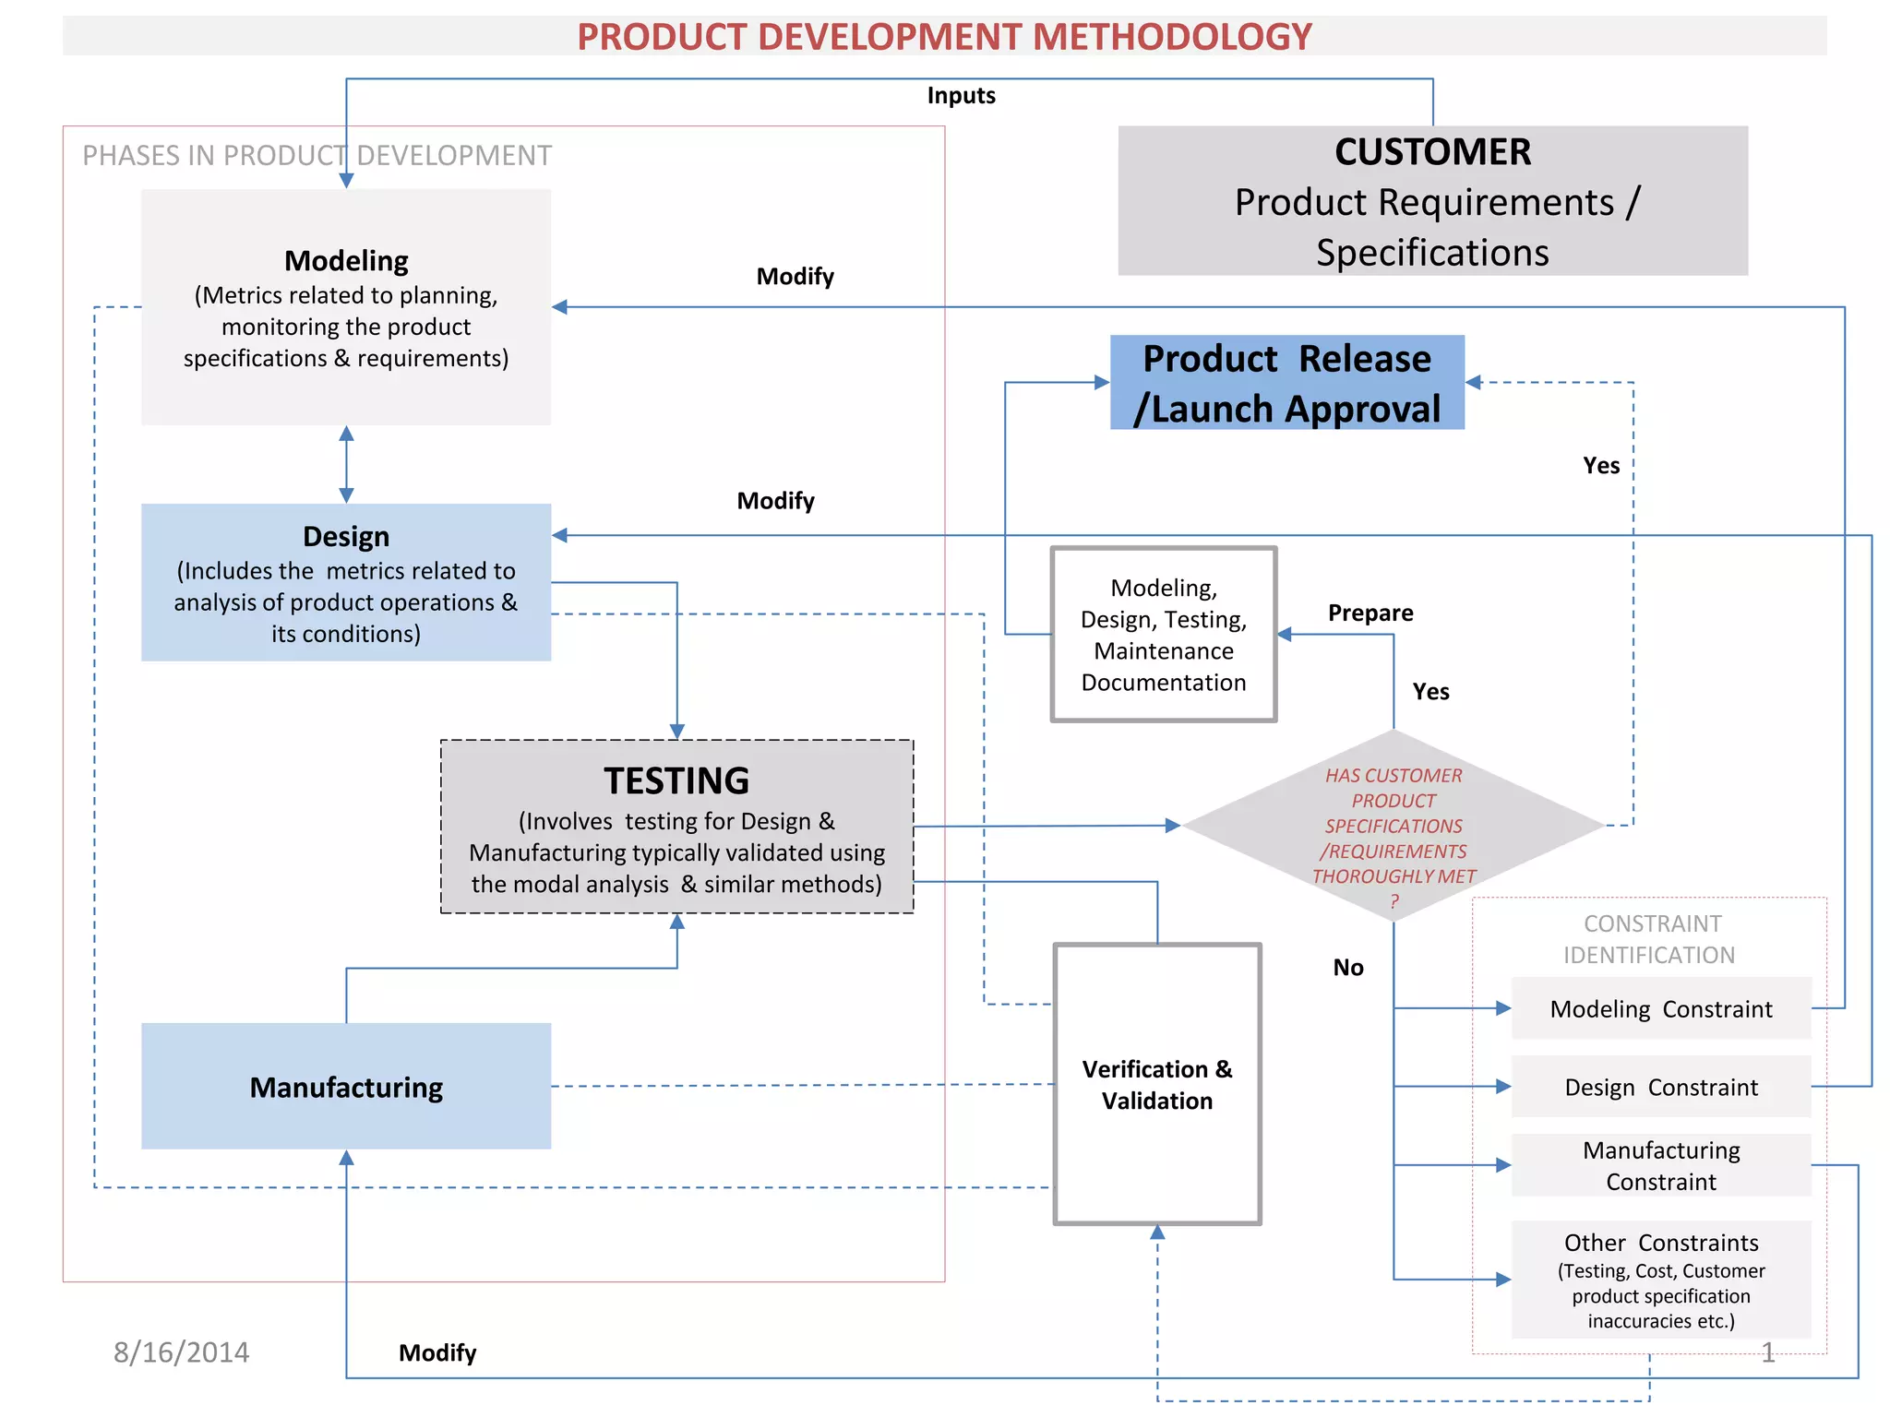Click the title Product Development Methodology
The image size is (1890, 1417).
(944, 37)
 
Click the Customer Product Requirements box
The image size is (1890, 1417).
(1432, 201)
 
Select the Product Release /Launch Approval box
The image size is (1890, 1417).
(1286, 383)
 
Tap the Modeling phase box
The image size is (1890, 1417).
(346, 307)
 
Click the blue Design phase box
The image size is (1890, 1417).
(346, 582)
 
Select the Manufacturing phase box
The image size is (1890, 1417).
(346, 1087)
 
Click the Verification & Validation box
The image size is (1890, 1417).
(1157, 1085)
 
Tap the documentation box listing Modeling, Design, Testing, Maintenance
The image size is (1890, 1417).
(1164, 635)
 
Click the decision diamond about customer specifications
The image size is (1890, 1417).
(1394, 826)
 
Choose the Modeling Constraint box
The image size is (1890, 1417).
(1661, 1008)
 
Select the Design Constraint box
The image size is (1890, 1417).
(1661, 1087)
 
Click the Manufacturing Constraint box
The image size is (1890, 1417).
(1661, 1165)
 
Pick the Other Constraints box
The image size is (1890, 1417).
(1661, 1280)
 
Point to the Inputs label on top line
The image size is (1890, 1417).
(961, 96)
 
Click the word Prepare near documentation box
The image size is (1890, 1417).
(1370, 613)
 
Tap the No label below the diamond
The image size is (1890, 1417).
(1348, 968)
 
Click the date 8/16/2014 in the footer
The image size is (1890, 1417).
(181, 1352)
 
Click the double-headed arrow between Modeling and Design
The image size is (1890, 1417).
(346, 464)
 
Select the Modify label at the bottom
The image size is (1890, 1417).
(437, 1353)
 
